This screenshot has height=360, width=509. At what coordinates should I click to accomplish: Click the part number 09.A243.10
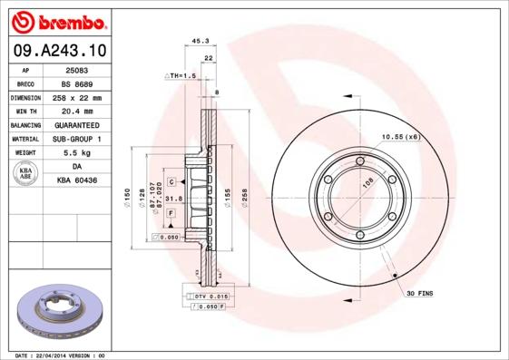click(x=59, y=52)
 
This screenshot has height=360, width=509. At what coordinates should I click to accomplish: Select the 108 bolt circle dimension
click(x=368, y=182)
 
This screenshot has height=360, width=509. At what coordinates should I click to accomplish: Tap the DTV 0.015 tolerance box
click(x=210, y=297)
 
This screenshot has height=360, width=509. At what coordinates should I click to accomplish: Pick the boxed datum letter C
click(x=171, y=182)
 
